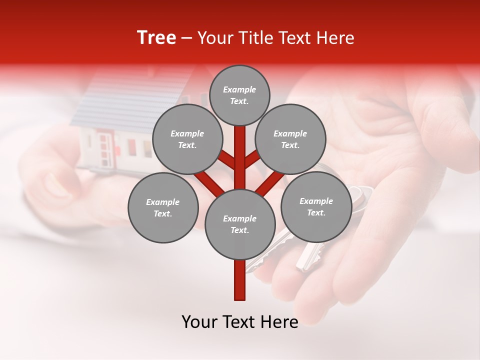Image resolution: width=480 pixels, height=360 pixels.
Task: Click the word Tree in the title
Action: click(156, 38)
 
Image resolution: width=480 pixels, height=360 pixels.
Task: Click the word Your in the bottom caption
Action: click(200, 322)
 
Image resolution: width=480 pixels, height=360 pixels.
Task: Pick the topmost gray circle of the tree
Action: click(239, 95)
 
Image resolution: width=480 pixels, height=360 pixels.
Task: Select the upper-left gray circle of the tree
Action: click(187, 139)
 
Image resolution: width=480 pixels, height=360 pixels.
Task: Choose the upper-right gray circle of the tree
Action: click(290, 139)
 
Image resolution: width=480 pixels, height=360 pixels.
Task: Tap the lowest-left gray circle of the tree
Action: click(163, 208)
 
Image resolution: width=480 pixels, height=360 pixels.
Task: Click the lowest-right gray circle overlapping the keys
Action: click(316, 206)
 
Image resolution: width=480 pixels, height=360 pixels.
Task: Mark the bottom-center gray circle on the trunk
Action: click(240, 224)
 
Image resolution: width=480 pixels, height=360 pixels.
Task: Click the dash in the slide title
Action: click(186, 38)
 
